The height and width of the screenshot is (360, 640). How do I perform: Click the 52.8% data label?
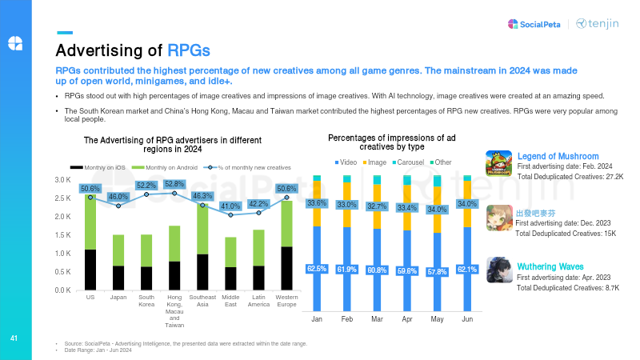(x=174, y=184)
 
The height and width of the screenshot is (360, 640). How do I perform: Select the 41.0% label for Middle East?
(x=230, y=205)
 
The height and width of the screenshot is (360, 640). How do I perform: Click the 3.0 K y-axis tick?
(x=62, y=180)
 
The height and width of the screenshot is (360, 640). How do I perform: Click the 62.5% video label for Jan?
(x=317, y=269)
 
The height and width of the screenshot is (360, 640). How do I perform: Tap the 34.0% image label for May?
(x=437, y=210)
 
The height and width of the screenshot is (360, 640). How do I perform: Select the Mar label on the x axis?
(x=377, y=318)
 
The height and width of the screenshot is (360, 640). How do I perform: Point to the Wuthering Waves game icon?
(x=499, y=270)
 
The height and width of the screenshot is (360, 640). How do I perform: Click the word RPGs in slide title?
(x=189, y=51)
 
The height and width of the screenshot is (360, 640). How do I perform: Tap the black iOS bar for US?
(x=90, y=270)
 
